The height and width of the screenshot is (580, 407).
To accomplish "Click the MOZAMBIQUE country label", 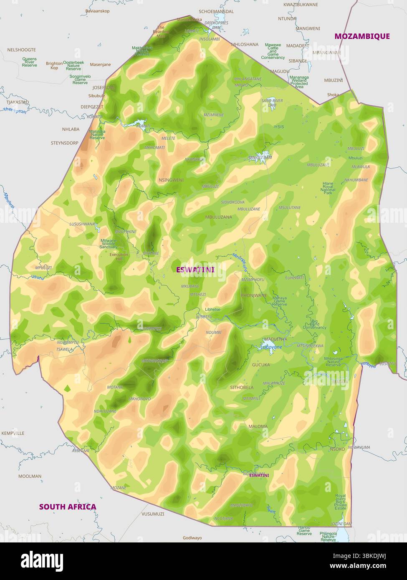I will click(362, 36).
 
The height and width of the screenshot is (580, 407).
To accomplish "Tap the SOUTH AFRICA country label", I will click(68, 507).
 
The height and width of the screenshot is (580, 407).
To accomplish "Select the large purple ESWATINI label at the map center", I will click(195, 270).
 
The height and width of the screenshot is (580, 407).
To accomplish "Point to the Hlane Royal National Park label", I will click(328, 188).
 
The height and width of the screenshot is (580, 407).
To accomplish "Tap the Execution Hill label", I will click(119, 256).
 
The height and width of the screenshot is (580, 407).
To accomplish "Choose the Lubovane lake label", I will click(271, 347).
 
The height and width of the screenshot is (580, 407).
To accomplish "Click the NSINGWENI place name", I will click(171, 180).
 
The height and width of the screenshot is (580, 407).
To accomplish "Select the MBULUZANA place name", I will click(219, 217).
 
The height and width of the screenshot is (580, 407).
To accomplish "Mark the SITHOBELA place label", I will click(242, 387).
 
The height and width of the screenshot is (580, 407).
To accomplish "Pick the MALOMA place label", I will click(258, 426).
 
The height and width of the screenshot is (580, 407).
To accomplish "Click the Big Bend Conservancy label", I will click(315, 324).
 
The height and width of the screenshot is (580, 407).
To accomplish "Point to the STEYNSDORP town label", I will click(64, 143).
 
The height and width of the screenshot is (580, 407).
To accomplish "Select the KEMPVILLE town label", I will click(13, 433).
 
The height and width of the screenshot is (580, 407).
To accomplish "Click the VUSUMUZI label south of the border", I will click(153, 514).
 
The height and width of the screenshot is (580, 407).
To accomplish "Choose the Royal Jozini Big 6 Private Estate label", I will click(341, 502).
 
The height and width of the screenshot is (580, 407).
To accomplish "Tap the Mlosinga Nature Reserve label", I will click(333, 362).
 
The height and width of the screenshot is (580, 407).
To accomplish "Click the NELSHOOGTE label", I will click(22, 50).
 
